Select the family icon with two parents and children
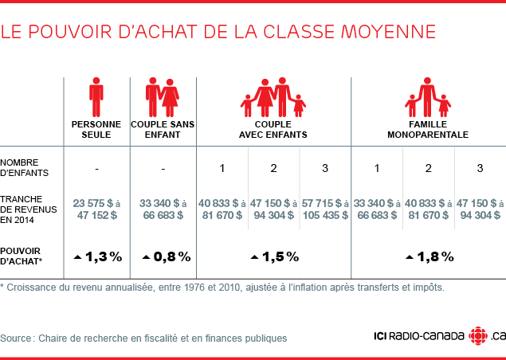click(x=273, y=97)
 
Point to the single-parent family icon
click(x=428, y=97)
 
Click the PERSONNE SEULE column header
click(x=96, y=130)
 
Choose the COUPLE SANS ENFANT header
click(x=163, y=130)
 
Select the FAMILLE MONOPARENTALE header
click(x=428, y=130)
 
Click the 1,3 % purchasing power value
click(x=97, y=256)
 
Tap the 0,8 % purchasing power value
click(x=166, y=256)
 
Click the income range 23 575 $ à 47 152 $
click(x=96, y=209)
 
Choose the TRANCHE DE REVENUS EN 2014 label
click(x=28, y=209)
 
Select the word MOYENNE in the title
click(x=388, y=32)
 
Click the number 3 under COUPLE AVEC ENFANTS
click(x=324, y=167)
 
